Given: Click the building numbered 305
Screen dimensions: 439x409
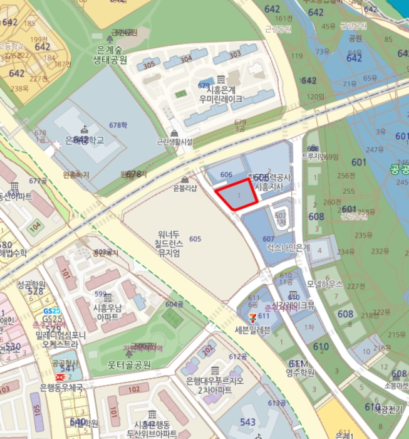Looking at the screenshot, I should pyautogui.click(x=149, y=65).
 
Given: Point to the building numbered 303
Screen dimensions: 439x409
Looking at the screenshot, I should pyautogui.click(x=235, y=55).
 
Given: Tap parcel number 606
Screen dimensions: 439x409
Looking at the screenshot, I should pyautogui.click(x=227, y=175).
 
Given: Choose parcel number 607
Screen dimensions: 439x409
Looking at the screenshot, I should pyautogui.click(x=268, y=239).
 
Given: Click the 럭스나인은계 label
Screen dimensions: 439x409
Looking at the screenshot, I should pyautogui.click(x=288, y=248).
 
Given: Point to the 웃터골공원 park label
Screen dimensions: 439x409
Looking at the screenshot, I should pyautogui.click(x=129, y=365).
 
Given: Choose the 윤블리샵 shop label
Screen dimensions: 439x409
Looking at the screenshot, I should pyautogui.click(x=185, y=188).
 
